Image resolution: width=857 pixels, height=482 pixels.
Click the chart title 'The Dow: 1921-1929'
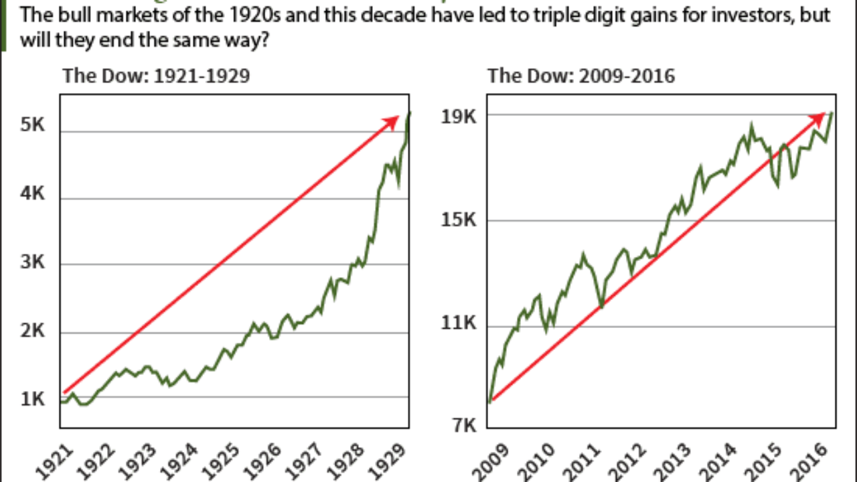[156, 76]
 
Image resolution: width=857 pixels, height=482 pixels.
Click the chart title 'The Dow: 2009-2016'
[581, 76]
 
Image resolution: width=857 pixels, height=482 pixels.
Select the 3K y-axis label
[33, 262]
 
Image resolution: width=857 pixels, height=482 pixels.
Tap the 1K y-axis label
[33, 400]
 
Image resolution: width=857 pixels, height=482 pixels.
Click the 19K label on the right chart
[459, 116]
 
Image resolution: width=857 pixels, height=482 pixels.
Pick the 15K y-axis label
[459, 220]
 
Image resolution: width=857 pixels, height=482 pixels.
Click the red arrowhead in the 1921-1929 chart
[392, 121]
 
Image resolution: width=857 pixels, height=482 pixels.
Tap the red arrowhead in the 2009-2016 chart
[818, 117]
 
